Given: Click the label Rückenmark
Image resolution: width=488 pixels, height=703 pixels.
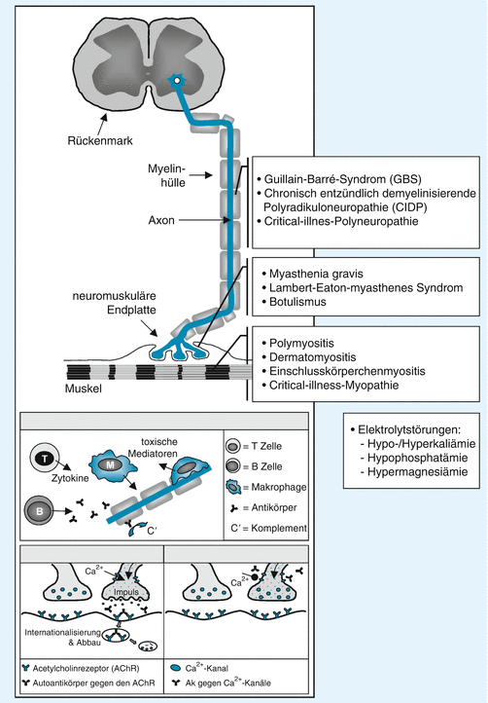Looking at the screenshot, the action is coord(100,141).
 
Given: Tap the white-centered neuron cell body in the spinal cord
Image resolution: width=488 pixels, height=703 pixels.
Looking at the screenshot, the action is coord(177,80).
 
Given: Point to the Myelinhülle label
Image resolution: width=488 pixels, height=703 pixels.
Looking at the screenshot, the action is coord(166,175).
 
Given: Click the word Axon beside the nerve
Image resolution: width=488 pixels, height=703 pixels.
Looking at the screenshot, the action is coord(161,221).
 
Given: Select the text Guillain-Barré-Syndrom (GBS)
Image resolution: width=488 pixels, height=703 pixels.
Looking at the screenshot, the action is coord(342,179).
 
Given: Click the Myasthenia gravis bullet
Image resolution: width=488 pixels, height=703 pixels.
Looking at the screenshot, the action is coord(316,274).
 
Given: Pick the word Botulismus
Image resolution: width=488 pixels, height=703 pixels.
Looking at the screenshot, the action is coord(297,302).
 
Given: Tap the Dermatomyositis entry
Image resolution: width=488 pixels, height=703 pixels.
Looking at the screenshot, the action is coord(312,357).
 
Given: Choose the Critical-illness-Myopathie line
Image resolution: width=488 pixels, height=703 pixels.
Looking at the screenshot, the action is coord(333,386).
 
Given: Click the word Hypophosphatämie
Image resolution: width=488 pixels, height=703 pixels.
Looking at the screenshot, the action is coord(417,458).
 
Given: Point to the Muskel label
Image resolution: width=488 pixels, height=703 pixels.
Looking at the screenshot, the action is coord(84,388).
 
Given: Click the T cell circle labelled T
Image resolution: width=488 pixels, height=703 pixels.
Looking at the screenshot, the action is coord(45,459).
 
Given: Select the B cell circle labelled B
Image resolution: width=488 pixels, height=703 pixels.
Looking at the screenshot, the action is coord(40,510).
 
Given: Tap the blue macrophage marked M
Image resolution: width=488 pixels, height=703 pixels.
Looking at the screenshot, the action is coord(110,466).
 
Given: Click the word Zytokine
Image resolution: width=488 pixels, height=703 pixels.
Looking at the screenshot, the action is coord(70,478).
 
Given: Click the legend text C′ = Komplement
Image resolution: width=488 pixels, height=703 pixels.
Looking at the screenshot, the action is coord(268,528).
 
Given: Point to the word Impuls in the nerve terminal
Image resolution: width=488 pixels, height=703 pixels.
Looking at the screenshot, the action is coord(126,592).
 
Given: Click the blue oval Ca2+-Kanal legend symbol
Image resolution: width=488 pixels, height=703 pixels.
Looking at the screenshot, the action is coord(176,669).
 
